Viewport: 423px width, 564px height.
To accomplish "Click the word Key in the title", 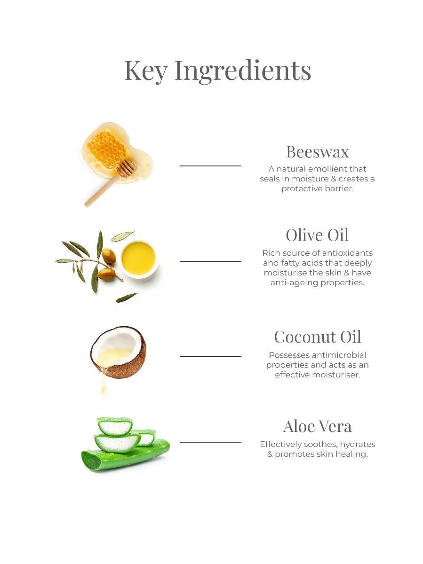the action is [146, 71].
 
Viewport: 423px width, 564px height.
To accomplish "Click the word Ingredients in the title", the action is [243, 71].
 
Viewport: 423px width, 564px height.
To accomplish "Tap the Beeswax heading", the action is [317, 152].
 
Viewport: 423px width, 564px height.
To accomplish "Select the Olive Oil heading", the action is [317, 235].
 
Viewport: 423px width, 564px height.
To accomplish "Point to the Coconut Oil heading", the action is [317, 337].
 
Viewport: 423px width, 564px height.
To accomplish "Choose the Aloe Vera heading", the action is [317, 426].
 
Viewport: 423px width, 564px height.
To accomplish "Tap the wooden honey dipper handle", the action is [102, 190].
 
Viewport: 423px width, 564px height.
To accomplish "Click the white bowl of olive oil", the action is [139, 259].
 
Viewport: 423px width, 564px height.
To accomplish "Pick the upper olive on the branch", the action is [109, 256].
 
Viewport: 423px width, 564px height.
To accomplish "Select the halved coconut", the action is [118, 352].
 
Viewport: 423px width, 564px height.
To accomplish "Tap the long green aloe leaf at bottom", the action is [126, 455].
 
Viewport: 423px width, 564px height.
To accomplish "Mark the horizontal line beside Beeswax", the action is [211, 166].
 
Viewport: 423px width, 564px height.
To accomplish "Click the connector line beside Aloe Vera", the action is [211, 442].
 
